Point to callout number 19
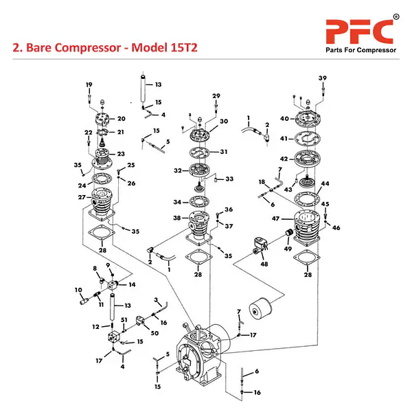[x=89, y=84]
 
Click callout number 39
[x=323, y=78]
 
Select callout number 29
[x=216, y=95]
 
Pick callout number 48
[x=264, y=264]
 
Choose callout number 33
[x=229, y=179]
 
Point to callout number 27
[x=80, y=197]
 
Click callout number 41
[x=284, y=138]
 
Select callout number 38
[x=176, y=218]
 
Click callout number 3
[x=156, y=300]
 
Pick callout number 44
[x=325, y=184]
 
